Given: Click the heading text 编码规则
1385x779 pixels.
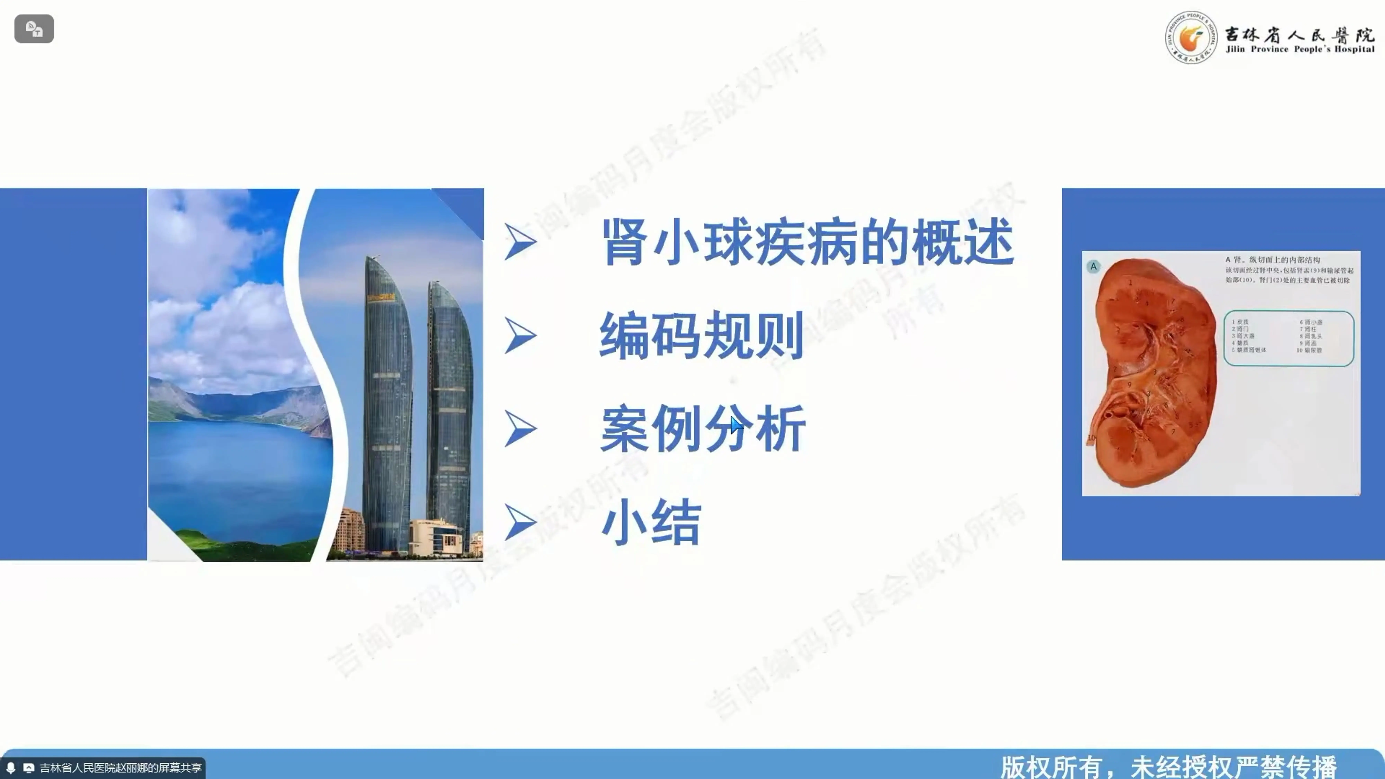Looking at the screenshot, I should click(x=702, y=336).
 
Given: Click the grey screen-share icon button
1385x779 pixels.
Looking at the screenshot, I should click(x=34, y=29).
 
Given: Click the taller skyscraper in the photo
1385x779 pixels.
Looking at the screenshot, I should click(x=387, y=403).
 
